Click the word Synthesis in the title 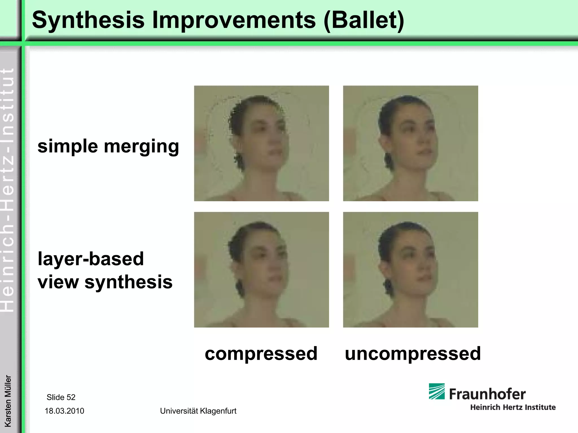coord(88,20)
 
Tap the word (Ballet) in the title coord(364,20)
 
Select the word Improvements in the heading coord(234,20)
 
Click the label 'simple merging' coord(108,146)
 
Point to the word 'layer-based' coord(91,259)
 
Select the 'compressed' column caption coord(261,354)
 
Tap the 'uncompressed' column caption coord(413,354)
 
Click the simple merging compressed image coord(261,143)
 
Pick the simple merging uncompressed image coord(410,143)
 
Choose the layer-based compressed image coord(261,269)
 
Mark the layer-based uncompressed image coord(410,269)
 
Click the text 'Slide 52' coord(61,397)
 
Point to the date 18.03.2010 coord(64,411)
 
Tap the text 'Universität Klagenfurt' coord(198,411)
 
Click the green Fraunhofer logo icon coord(437,391)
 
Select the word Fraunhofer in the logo coord(487,394)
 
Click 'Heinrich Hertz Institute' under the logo coord(513,407)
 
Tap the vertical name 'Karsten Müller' coord(8,401)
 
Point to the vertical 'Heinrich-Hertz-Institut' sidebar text coord(8,190)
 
